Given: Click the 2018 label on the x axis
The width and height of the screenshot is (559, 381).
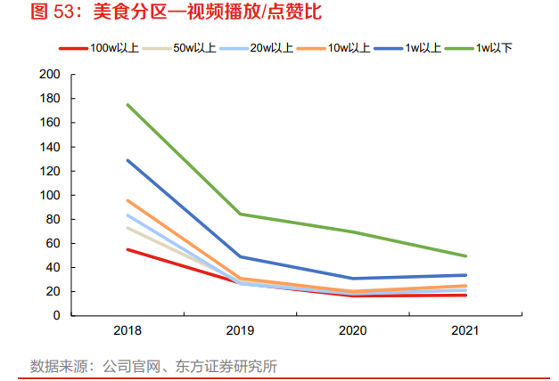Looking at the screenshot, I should point(127,330).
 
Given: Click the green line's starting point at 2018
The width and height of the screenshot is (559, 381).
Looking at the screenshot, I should point(127,105).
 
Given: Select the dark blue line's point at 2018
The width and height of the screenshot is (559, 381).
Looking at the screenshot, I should point(127,160).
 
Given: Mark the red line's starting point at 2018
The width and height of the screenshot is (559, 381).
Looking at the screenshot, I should point(127,249).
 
